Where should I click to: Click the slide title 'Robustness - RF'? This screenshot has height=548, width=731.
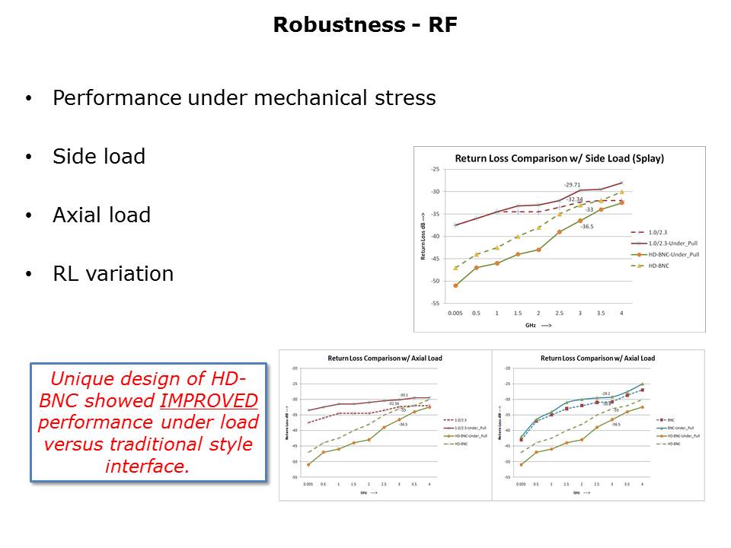tap(365, 25)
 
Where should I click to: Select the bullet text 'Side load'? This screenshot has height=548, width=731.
tap(99, 157)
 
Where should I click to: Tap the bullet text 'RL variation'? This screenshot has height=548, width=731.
tap(113, 274)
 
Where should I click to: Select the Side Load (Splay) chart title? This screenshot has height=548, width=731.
tap(560, 159)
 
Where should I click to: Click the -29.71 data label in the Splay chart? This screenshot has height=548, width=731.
tap(572, 185)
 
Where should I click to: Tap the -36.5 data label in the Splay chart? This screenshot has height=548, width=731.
tap(586, 226)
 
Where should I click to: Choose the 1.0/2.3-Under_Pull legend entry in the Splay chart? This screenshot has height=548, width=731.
tap(670, 242)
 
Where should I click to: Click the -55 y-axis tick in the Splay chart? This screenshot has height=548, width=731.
tap(434, 303)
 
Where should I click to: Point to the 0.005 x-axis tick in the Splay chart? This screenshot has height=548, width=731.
tap(455, 313)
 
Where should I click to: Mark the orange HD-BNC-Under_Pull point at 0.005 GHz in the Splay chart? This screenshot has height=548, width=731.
tap(455, 285)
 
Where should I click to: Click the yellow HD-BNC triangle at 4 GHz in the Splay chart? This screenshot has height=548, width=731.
tap(621, 192)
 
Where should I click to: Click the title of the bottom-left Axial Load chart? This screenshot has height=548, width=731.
tap(385, 358)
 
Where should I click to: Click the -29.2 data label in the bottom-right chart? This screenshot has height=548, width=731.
tap(606, 393)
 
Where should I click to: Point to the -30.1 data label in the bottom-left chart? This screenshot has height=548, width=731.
tap(404, 395)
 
